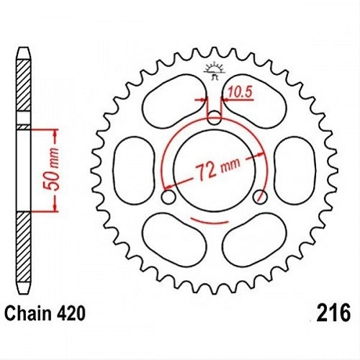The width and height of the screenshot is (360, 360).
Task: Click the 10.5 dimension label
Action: point(239,92)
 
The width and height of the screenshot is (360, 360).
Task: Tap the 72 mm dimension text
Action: point(217,168)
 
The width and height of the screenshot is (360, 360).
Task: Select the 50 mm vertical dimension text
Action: point(52,169)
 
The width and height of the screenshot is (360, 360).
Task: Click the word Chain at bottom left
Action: point(27,313)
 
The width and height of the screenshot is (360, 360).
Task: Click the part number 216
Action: point(333,312)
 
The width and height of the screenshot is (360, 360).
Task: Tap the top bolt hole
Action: point(214,118)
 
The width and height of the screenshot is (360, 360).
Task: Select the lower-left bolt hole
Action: point(168,197)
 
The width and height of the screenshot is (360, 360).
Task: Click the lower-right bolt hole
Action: point(260,197)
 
